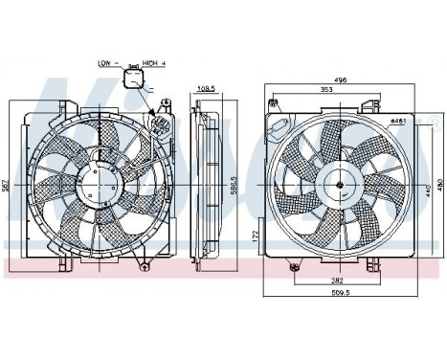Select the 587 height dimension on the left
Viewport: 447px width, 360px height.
(x=8, y=185)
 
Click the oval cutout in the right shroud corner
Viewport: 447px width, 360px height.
(x=281, y=127)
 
